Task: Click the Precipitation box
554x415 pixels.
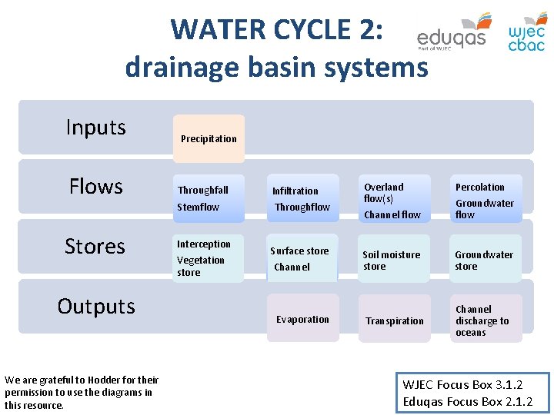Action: pyautogui.click(x=209, y=138)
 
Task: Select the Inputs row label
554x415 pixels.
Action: pyautogui.click(x=96, y=127)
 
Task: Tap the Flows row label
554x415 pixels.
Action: pyautogui.click(x=96, y=186)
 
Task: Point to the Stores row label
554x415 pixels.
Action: pyautogui.click(x=95, y=246)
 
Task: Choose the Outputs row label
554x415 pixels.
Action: pyautogui.click(x=96, y=306)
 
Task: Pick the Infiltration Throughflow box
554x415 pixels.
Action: pyautogui.click(x=302, y=198)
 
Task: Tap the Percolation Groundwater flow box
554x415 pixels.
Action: pyautogui.click(x=486, y=199)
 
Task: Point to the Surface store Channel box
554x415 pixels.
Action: pyautogui.click(x=302, y=258)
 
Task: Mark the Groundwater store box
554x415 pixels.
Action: pyautogui.click(x=486, y=260)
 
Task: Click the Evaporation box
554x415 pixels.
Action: pyautogui.click(x=302, y=319)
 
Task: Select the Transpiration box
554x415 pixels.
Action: pyautogui.click(x=395, y=320)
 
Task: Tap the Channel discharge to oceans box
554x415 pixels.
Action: pyautogui.click(x=486, y=320)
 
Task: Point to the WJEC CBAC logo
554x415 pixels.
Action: pyautogui.click(x=527, y=35)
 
